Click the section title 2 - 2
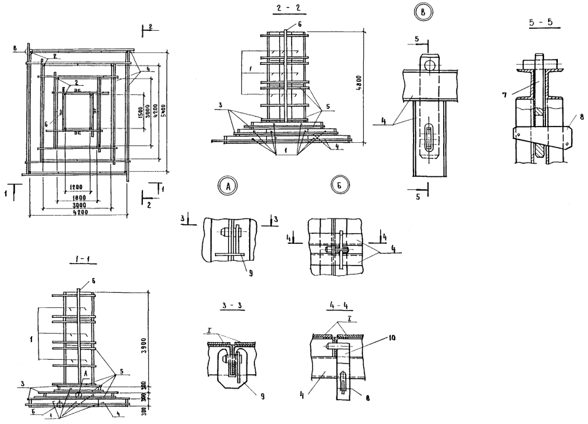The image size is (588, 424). (286, 10)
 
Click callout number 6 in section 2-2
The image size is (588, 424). (301, 23)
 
